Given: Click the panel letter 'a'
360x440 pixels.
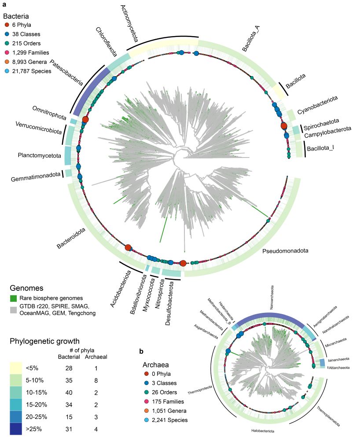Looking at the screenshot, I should [4, 4].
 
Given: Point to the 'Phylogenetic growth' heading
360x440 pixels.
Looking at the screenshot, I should [44, 341].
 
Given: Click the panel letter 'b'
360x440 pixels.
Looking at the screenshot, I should [141, 351].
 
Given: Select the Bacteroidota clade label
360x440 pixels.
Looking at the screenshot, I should [71, 237].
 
